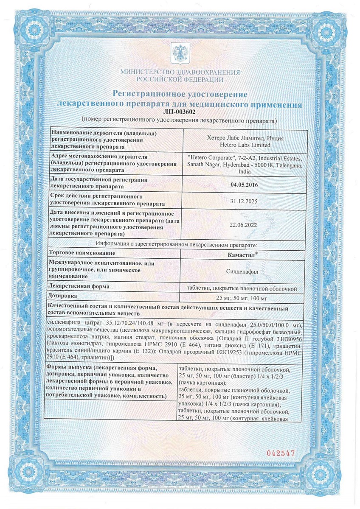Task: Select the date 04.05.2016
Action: coord(243,185)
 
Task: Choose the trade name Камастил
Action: coord(243,254)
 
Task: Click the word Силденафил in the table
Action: coord(243,269)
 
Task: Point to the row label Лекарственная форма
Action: coord(79,286)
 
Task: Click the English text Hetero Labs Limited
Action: coord(243,145)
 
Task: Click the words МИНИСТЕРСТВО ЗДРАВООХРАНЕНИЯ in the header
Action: coord(180,73)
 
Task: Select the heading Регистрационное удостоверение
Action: coord(179,93)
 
